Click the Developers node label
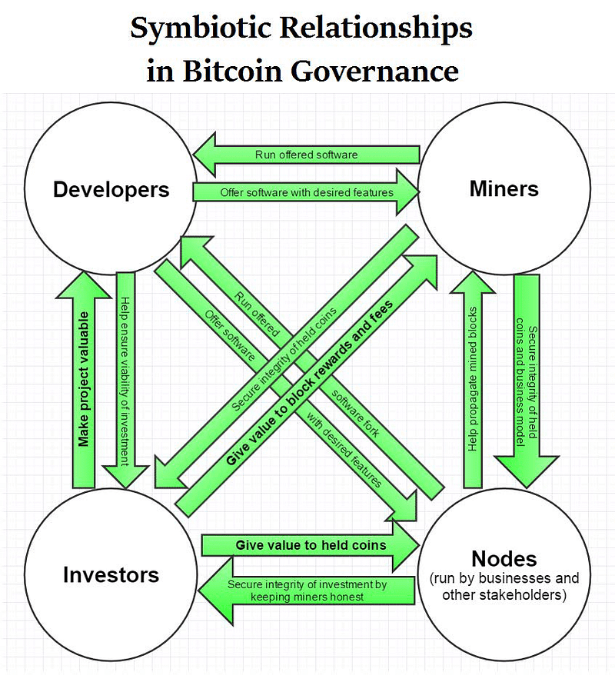coord(111,190)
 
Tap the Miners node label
coord(504,189)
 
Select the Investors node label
coord(111,574)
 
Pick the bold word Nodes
coord(504,558)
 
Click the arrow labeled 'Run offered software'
coord(306,155)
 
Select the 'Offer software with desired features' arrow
coord(306,192)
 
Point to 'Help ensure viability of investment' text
coord(125,381)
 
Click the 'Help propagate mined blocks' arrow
coord(473,379)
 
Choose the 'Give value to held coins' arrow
coord(311,545)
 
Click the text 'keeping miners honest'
coord(307,597)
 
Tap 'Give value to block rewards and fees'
coord(310,382)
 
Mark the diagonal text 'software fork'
coord(355,413)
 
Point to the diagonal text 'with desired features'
coord(344,450)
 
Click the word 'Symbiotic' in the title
coord(201,29)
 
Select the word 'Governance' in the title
coord(374,71)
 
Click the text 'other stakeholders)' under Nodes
coord(504,595)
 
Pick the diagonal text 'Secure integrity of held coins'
coord(284,359)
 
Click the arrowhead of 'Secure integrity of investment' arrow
coord(216,591)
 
